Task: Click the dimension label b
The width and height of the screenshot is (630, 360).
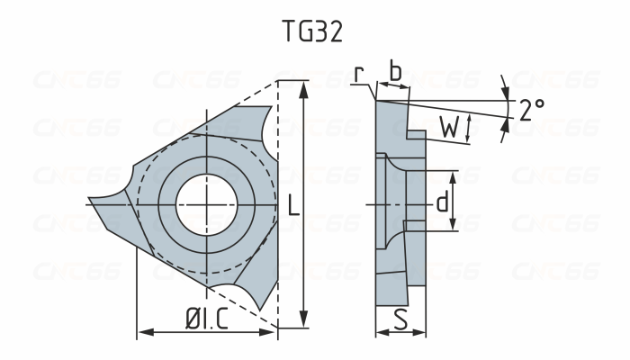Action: [x=393, y=70]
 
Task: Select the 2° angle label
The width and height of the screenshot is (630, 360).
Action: [x=531, y=110]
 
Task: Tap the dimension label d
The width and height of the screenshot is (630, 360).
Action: [x=441, y=202]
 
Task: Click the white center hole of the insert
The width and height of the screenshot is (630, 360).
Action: [x=208, y=205]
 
